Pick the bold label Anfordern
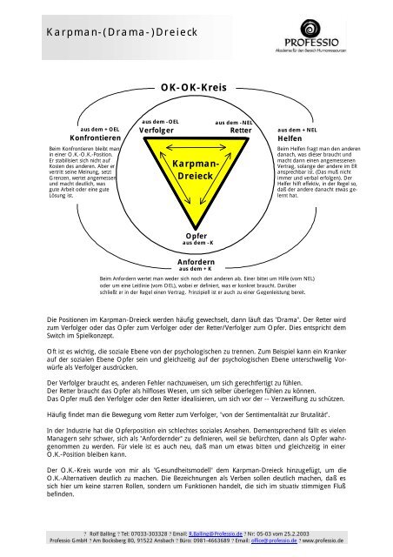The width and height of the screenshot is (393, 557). point(196,261)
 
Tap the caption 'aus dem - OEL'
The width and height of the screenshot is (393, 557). point(159,122)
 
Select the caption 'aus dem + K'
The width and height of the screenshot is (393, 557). point(196,269)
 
